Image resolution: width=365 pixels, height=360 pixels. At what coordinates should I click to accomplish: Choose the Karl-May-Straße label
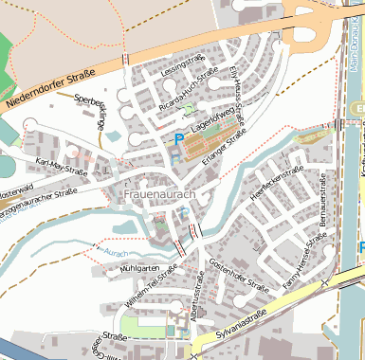point(62,168)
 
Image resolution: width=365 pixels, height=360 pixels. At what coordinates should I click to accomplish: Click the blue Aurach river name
point(115,253)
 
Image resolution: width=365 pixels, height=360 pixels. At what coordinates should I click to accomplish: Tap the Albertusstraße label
point(198,294)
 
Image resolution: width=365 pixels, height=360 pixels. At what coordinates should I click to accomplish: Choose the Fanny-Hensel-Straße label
point(302,255)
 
